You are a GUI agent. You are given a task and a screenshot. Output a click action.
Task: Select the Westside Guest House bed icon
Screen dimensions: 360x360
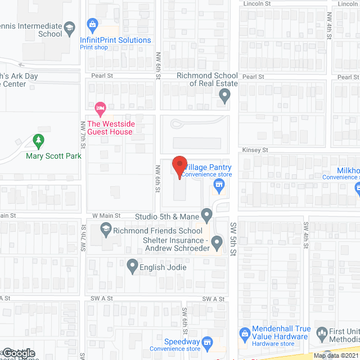(x=100, y=107)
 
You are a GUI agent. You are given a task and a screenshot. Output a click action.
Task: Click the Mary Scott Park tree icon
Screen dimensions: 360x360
(x=38, y=139)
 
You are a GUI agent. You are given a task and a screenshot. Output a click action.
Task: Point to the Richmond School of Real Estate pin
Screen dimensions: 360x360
(x=224, y=97)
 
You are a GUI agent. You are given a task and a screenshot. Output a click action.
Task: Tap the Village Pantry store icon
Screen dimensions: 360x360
(x=217, y=184)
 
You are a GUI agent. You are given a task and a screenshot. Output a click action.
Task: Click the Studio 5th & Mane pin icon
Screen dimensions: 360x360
(x=207, y=215)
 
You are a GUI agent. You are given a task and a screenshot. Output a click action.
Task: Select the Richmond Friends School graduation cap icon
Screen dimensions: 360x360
(x=105, y=229)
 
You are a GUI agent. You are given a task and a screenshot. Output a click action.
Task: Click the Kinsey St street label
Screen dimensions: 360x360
(x=255, y=150)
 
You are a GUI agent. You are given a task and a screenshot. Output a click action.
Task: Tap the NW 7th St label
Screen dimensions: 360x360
(x=83, y=134)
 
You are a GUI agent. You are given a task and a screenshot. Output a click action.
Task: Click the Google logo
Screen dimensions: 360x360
(x=19, y=353)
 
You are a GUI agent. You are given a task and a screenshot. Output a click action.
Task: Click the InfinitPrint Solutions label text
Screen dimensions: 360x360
(x=115, y=40)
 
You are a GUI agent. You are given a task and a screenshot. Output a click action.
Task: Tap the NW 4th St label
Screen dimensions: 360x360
(x=329, y=26)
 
